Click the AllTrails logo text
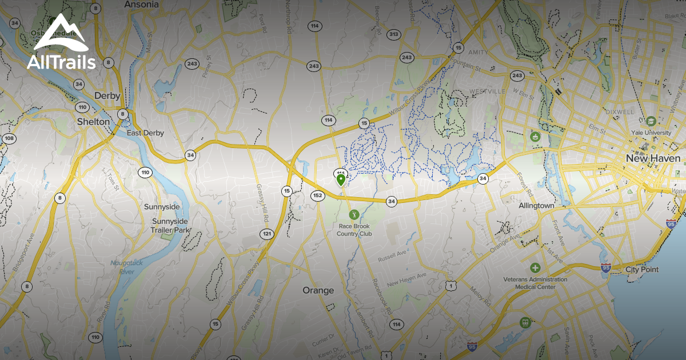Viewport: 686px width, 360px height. (x=61, y=62)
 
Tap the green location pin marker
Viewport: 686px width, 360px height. (x=341, y=181)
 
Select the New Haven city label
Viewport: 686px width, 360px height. (x=653, y=158)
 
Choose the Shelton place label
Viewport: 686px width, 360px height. (x=93, y=122)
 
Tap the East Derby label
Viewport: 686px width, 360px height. (x=145, y=133)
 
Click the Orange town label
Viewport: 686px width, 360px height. (x=318, y=290)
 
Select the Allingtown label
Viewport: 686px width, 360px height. (x=536, y=205)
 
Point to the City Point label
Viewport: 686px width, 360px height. (x=641, y=269)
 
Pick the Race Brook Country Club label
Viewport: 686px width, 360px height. (x=354, y=230)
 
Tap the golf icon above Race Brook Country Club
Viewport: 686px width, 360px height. (x=354, y=215)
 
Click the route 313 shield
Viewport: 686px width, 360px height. (x=393, y=35)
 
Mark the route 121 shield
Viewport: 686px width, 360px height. (x=267, y=234)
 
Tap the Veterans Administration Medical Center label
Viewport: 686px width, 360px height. (x=536, y=283)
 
